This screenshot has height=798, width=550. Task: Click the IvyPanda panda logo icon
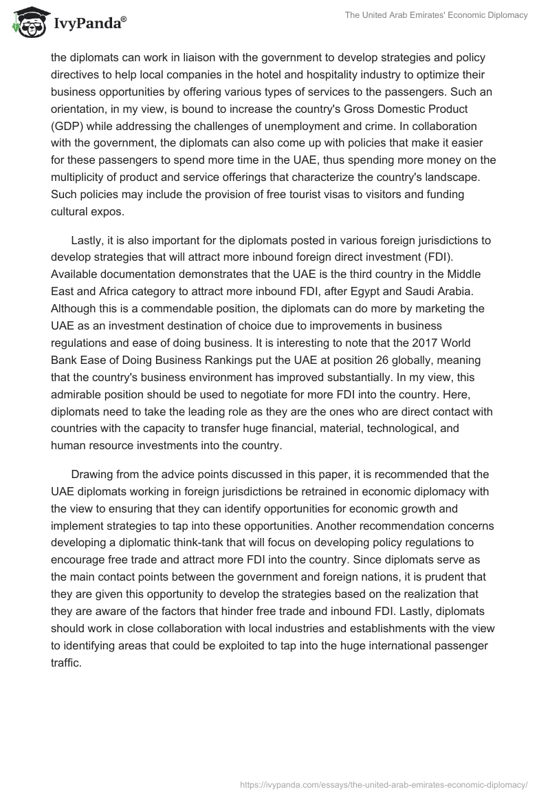[27, 23]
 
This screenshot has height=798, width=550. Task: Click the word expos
[109, 211]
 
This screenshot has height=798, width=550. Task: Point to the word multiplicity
[81, 177]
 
